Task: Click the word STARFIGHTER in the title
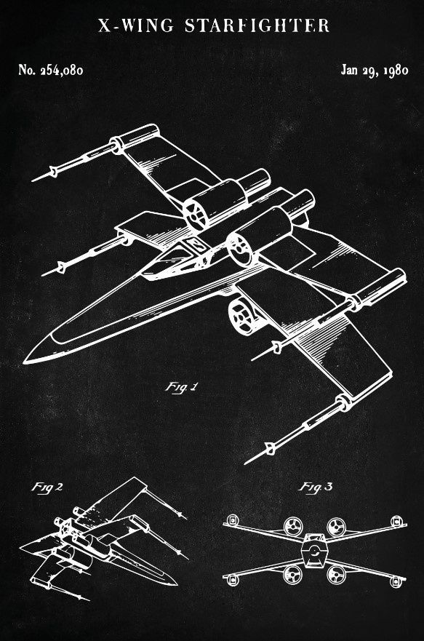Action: point(257,25)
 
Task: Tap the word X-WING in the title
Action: point(136,25)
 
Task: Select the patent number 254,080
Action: point(62,71)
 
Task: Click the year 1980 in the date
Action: point(396,71)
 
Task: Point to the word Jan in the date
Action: point(349,70)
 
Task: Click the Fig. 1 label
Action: point(181,388)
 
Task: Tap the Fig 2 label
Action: point(47,487)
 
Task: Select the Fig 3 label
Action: point(316,487)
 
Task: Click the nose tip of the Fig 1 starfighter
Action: point(25,362)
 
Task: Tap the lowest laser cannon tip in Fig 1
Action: point(246,463)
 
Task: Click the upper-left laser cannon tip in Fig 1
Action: point(33,180)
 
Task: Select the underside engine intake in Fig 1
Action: point(242,316)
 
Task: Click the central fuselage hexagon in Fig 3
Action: point(313,550)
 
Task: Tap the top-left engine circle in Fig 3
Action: point(293,526)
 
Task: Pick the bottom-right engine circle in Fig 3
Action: point(336,574)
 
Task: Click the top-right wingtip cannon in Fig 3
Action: point(396,521)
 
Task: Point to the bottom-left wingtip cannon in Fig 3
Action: point(232,580)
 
